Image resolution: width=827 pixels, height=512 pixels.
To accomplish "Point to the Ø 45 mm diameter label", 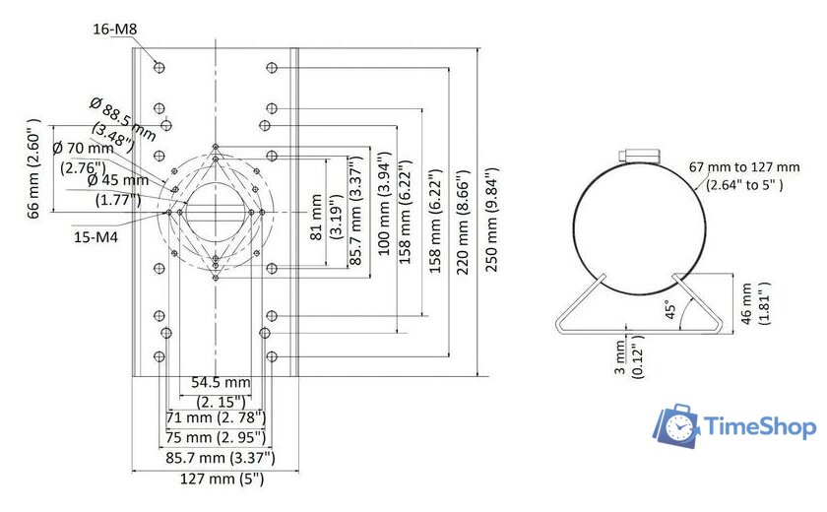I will click(117, 189).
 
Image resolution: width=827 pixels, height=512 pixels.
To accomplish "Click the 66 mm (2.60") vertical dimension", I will click(35, 169).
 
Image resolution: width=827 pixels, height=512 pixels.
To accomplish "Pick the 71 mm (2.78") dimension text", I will click(215, 418).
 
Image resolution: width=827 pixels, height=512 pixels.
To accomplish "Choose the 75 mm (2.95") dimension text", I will click(215, 437).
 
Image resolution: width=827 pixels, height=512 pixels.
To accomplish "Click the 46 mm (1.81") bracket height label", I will click(753, 302).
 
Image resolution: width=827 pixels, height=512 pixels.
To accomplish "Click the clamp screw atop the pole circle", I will click(638, 156).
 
